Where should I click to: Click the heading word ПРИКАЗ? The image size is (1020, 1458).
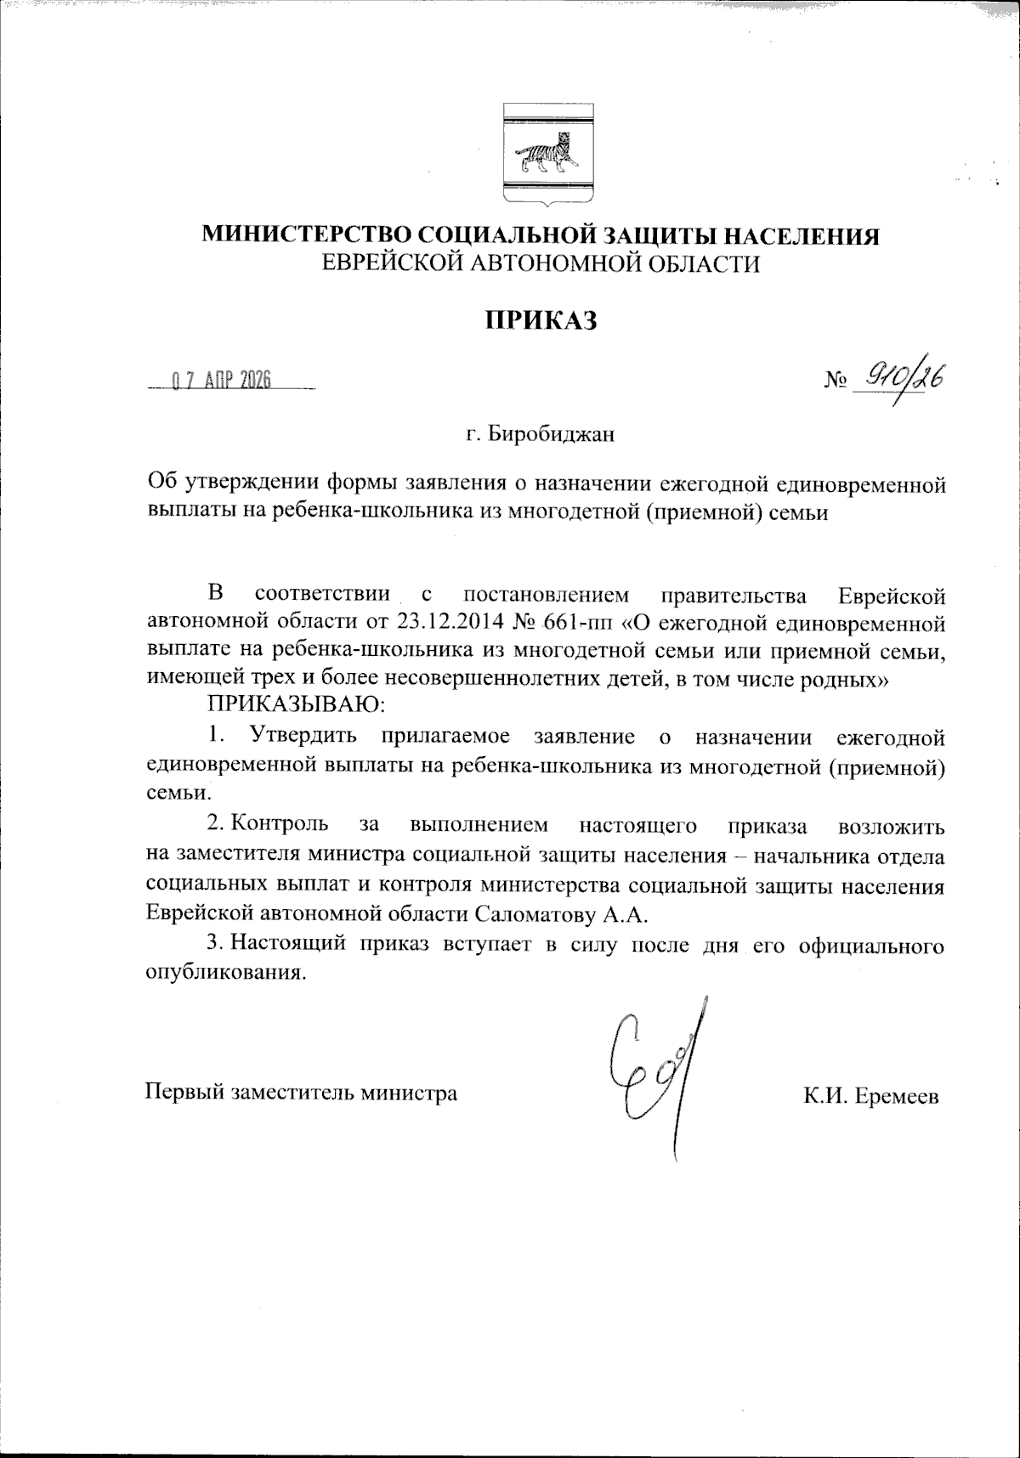coord(542,319)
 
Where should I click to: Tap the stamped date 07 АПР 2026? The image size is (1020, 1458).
coord(221,381)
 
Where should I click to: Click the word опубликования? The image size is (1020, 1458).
coord(225,973)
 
